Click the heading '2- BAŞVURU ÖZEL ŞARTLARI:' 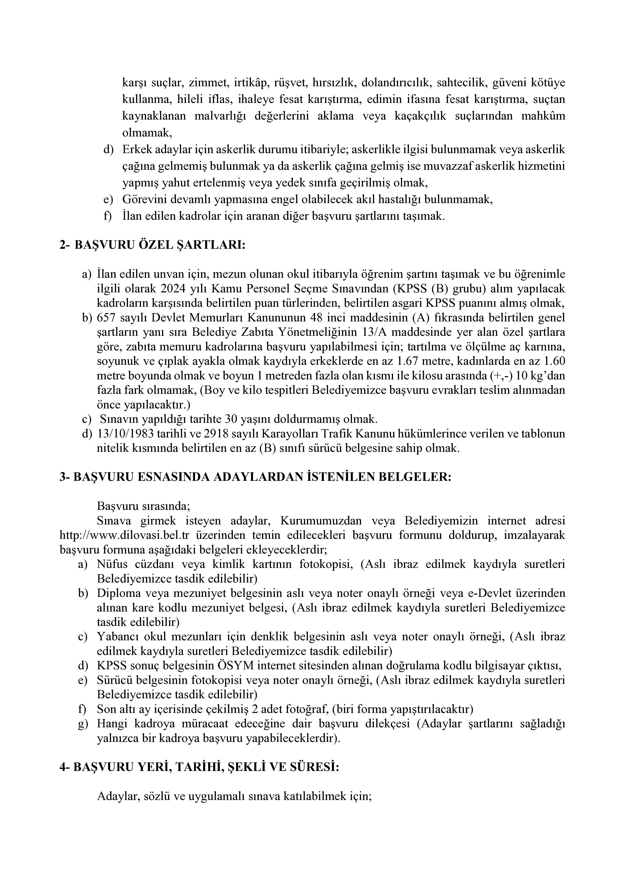(152, 245)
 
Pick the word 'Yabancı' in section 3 (115, 637)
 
